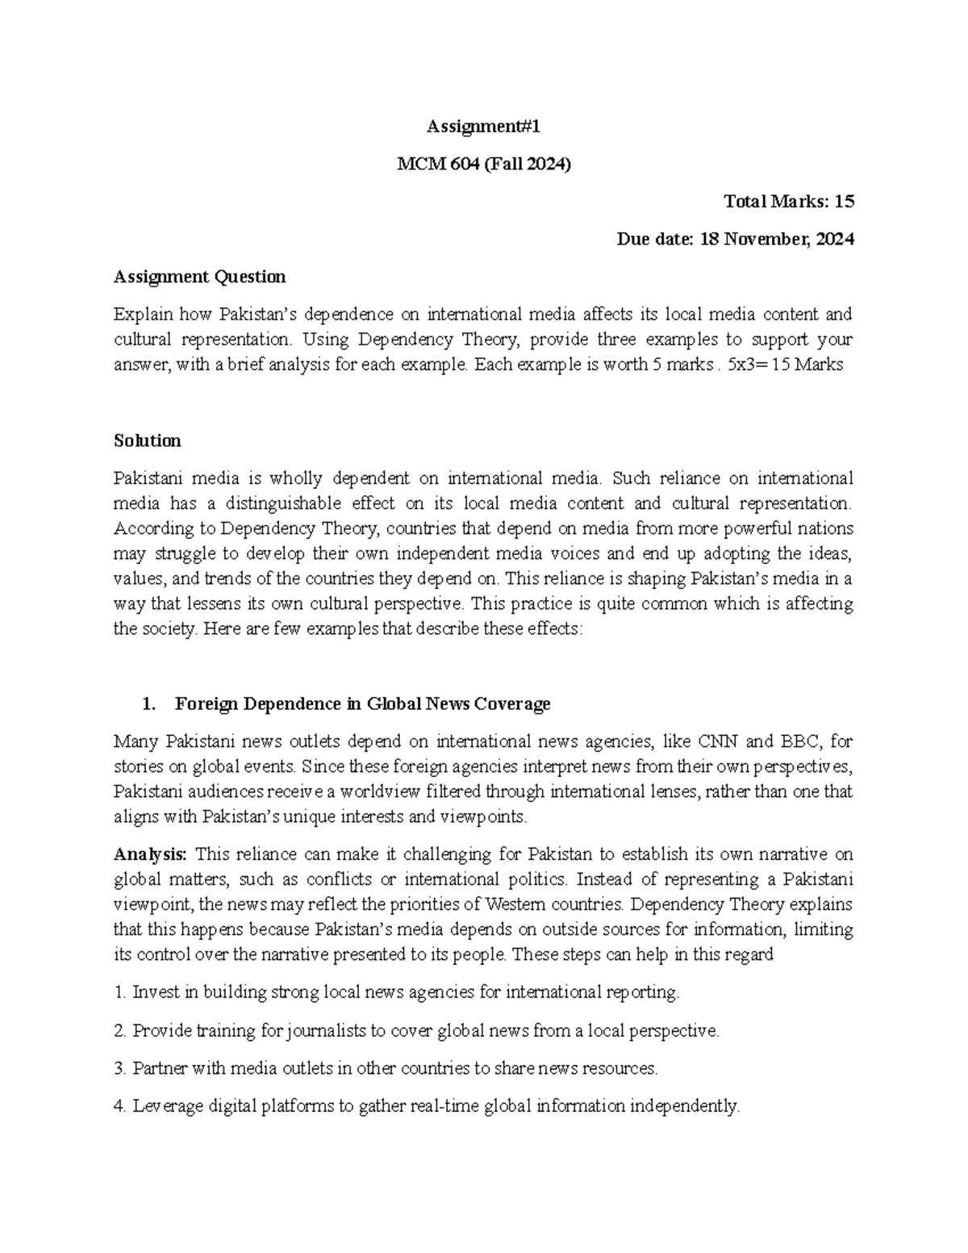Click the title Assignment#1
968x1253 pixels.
[x=483, y=127]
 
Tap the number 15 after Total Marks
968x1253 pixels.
[x=843, y=202]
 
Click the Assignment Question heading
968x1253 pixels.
[x=199, y=277]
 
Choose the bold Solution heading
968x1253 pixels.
[x=147, y=441]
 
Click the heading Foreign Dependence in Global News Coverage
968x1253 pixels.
[x=362, y=704]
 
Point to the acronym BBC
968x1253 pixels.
[x=799, y=741]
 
